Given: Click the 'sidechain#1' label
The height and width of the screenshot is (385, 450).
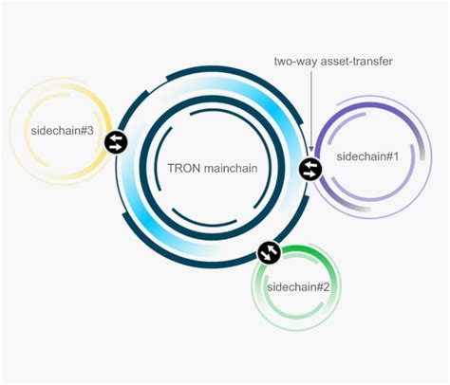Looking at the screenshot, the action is [367, 156].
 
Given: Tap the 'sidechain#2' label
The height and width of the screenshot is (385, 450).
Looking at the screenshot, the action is [298, 287].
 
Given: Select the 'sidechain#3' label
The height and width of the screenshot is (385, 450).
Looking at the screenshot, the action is [63, 131].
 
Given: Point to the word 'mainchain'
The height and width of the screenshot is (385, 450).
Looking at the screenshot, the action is [231, 168].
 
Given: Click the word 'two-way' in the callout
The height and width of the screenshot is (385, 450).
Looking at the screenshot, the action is [295, 62].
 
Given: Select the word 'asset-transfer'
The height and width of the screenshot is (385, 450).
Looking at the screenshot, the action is [356, 61].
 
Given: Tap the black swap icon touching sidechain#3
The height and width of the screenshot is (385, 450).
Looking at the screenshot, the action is [116, 142].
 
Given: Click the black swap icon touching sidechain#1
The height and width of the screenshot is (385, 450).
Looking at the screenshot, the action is [310, 169].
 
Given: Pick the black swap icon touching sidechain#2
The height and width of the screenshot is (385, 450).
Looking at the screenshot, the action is [270, 252].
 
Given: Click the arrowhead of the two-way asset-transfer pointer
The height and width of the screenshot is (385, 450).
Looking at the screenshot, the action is [311, 148].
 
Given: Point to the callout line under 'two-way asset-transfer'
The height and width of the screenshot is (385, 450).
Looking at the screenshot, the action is [311, 111].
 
